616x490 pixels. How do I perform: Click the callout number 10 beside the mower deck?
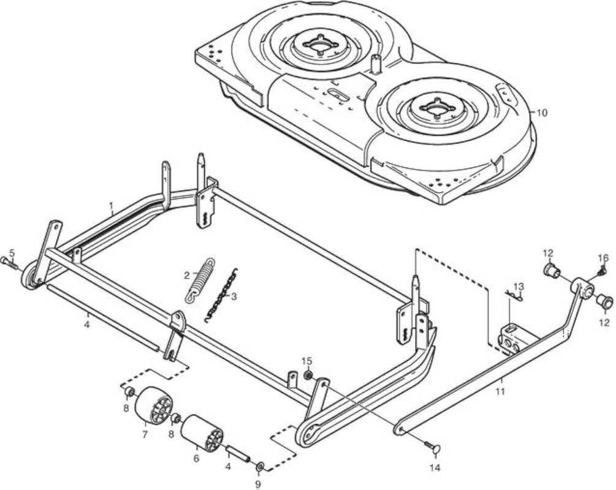[541, 113]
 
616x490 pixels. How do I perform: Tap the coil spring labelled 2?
[200, 279]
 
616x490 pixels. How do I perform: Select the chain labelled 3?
[221, 295]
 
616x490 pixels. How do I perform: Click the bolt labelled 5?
[9, 263]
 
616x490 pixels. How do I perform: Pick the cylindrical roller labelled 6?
[202, 432]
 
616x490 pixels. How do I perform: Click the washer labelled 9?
[260, 467]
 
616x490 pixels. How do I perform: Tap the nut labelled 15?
[309, 375]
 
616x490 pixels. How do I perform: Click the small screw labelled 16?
[602, 271]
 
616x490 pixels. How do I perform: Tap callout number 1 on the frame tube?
[111, 205]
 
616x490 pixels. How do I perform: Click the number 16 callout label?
[603, 258]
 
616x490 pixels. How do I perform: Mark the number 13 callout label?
[519, 285]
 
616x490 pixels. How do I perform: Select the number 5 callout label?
[12, 252]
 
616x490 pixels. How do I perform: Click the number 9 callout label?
[258, 484]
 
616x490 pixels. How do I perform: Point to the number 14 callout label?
[435, 467]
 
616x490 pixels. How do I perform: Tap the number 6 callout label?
[196, 458]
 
